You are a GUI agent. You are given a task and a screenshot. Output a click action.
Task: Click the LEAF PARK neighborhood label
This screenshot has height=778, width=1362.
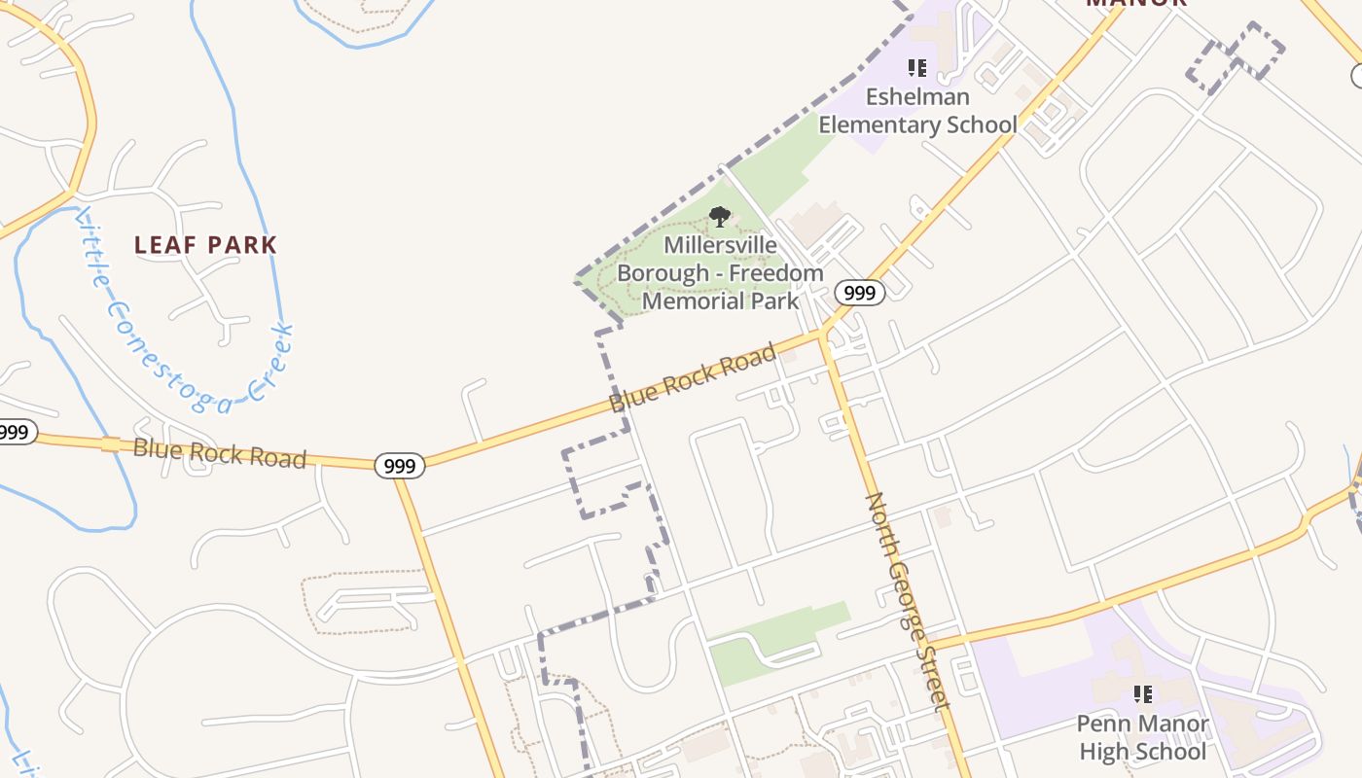[x=205, y=245]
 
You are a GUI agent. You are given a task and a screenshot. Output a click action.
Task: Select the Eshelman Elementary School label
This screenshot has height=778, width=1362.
[x=916, y=111]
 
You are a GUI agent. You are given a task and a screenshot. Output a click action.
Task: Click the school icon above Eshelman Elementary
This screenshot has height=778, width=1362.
[x=916, y=67]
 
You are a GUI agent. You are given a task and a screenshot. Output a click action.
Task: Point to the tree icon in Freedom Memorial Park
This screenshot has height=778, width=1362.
[x=719, y=217]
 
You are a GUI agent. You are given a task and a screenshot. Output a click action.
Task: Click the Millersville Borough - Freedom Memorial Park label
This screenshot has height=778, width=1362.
[x=720, y=273]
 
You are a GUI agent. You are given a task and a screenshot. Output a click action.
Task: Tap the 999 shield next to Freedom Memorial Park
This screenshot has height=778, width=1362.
[x=859, y=293]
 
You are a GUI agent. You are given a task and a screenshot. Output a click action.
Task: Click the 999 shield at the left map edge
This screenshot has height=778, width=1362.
[x=15, y=432]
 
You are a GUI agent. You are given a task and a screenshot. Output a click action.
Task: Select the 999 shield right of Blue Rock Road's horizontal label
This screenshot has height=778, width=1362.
[x=399, y=466]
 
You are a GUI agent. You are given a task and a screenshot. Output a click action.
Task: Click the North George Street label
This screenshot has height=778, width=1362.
[x=907, y=601]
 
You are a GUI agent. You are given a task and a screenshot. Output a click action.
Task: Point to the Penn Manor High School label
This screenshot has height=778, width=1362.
[x=1142, y=738]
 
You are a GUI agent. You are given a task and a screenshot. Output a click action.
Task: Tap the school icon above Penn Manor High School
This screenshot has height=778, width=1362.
[x=1142, y=694]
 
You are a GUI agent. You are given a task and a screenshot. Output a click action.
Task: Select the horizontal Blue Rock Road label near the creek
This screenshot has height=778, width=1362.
[x=219, y=453]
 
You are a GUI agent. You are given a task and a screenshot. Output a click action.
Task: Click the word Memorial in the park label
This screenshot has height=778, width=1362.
[x=692, y=301]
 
